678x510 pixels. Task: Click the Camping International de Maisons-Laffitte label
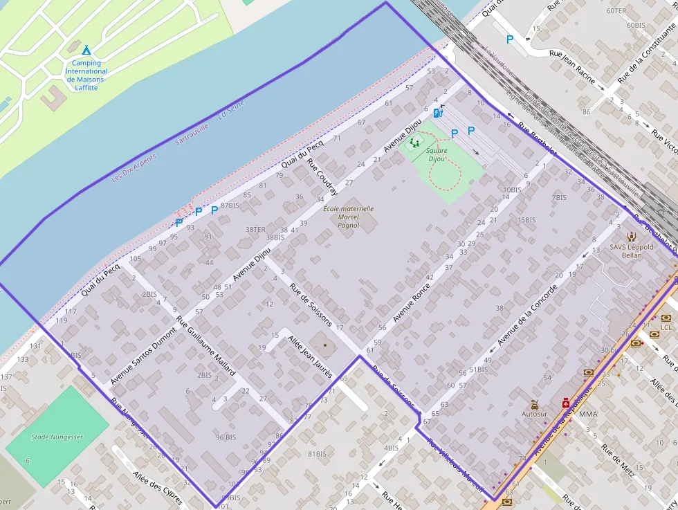pyautogui.click(x=86, y=71)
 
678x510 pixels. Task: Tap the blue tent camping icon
pyautogui.click(x=86, y=51)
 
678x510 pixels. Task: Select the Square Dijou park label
pyautogui.click(x=437, y=154)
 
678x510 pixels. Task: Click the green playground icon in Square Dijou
pyautogui.click(x=414, y=143)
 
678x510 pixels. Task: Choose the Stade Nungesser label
pyautogui.click(x=57, y=437)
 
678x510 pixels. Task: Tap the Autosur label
pyautogui.click(x=534, y=414)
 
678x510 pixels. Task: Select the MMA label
pyautogui.click(x=588, y=415)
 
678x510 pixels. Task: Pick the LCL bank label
pyautogui.click(x=666, y=327)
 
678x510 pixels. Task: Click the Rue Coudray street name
pyautogui.click(x=322, y=177)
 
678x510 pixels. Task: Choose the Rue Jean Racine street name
pyautogui.click(x=572, y=67)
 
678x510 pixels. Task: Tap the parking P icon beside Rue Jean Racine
pyautogui.click(x=510, y=39)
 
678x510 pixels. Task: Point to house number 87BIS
pyautogui.click(x=230, y=206)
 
